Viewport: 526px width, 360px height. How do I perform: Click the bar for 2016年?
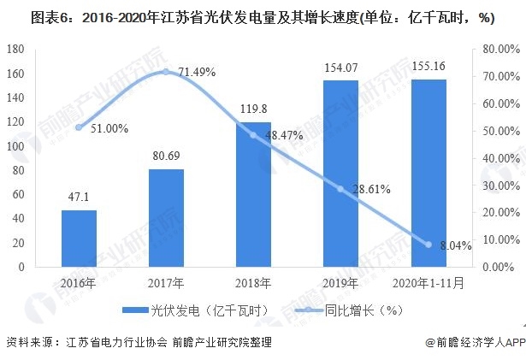pos(79,239)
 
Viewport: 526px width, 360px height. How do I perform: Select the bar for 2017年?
pos(166,218)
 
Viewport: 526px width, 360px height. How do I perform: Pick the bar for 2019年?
pos(340,174)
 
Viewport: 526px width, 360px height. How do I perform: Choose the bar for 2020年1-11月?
pos(428,173)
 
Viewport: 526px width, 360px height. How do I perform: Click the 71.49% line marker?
pos(166,72)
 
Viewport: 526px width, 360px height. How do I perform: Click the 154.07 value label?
pos(340,67)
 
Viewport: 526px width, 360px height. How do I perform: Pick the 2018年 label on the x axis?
pos(253,283)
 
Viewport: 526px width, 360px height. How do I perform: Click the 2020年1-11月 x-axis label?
pos(428,283)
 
